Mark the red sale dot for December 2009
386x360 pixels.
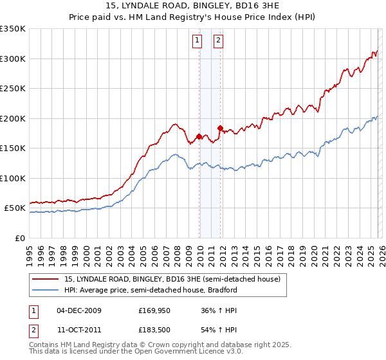pyautogui.click(x=199, y=136)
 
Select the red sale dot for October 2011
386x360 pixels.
pyautogui.click(x=220, y=128)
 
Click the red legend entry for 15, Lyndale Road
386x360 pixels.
pyautogui.click(x=172, y=280)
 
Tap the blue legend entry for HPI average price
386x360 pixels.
pyautogui.click(x=151, y=290)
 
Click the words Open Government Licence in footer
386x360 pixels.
pyautogui.click(x=183, y=352)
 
